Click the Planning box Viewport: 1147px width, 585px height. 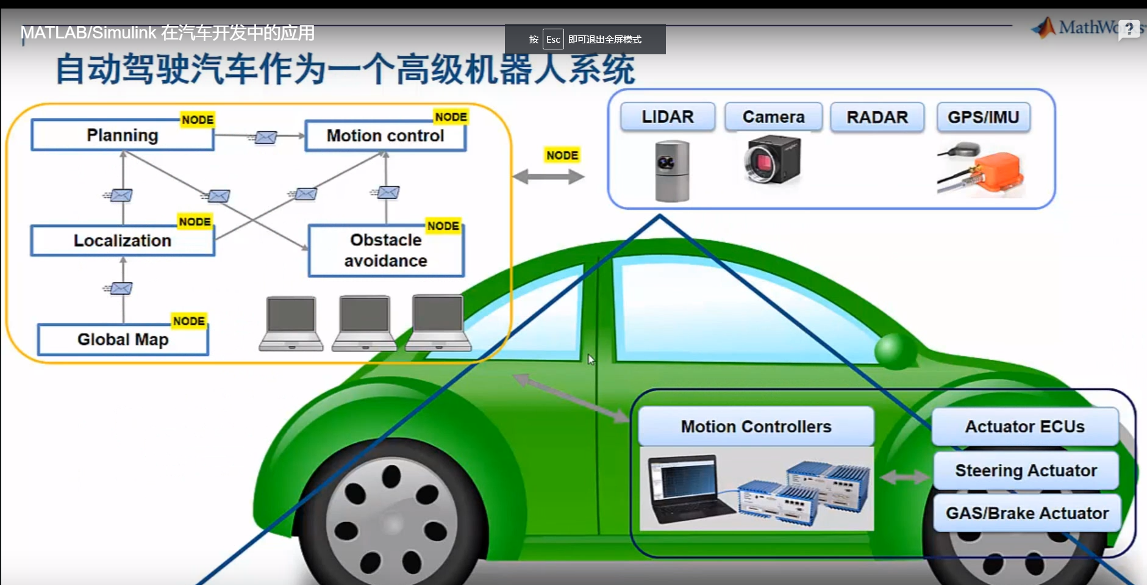point(123,135)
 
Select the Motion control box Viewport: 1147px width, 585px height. point(385,135)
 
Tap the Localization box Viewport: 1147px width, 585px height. point(123,240)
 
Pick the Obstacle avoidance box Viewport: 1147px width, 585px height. point(385,251)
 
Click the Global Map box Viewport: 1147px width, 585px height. point(123,339)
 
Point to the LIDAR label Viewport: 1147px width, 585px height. point(668,117)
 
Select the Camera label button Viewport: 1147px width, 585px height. point(773,117)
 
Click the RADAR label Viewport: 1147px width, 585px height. point(877,117)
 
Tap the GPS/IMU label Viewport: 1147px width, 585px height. point(983,117)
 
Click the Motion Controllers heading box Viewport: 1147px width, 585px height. point(756,426)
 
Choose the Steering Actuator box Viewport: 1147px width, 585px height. point(1026,470)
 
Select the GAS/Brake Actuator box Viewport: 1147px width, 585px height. point(1027,513)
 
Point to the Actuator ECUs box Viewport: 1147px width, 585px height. point(1024,426)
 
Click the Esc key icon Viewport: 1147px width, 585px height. point(553,39)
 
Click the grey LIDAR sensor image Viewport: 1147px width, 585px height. point(672,171)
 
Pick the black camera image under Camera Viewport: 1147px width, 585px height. point(772,160)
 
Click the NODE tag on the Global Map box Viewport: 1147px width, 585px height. point(189,321)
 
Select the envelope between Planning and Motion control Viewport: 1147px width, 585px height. point(265,137)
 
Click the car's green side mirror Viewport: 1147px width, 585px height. point(894,350)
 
